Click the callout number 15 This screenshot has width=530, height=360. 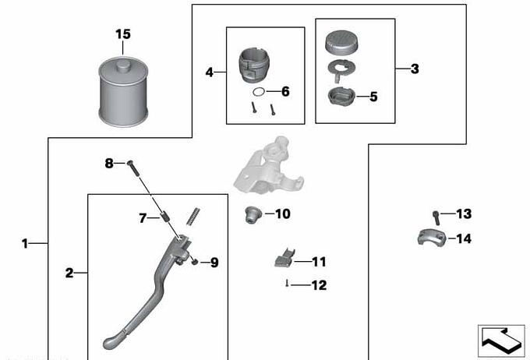(x=123, y=34)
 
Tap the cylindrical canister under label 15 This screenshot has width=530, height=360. (x=123, y=92)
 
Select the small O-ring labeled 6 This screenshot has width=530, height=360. (x=259, y=91)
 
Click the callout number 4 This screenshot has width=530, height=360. (x=210, y=72)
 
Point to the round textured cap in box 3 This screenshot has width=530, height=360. (x=341, y=43)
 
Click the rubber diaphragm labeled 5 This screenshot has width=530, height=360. (x=341, y=97)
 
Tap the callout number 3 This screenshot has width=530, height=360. (x=415, y=69)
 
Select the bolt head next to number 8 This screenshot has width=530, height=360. (x=130, y=164)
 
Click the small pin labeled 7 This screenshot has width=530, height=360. (x=165, y=216)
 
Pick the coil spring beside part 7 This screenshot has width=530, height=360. (x=194, y=217)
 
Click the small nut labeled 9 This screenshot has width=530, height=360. (x=194, y=261)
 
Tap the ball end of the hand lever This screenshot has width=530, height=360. (x=111, y=342)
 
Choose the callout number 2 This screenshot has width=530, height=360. (x=69, y=273)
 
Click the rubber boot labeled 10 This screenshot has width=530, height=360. (x=253, y=214)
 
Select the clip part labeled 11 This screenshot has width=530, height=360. (x=284, y=258)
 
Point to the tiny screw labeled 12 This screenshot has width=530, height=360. (x=287, y=284)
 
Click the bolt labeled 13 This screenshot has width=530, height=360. (x=436, y=217)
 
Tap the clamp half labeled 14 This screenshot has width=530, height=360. (x=432, y=237)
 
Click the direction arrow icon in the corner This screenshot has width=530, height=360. (x=501, y=341)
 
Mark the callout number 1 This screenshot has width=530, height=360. (x=24, y=243)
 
